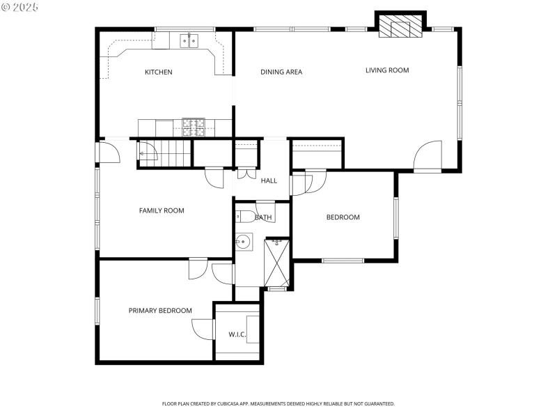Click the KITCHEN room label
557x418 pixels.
pyautogui.click(x=158, y=72)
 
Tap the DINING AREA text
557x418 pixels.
pyautogui.click(x=281, y=72)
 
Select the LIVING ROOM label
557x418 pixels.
pyautogui.click(x=387, y=70)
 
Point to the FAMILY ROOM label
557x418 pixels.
pyautogui.click(x=162, y=210)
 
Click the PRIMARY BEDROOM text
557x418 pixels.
pyautogui.click(x=160, y=311)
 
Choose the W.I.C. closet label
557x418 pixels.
pyautogui.click(x=237, y=334)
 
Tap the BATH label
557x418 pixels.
pyautogui.click(x=263, y=217)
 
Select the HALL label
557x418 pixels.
pyautogui.click(x=269, y=180)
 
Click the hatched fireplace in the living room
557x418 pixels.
pyautogui.click(x=400, y=26)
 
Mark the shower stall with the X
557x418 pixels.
pyautogui.click(x=276, y=262)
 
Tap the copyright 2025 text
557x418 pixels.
pyautogui.click(x=19, y=6)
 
